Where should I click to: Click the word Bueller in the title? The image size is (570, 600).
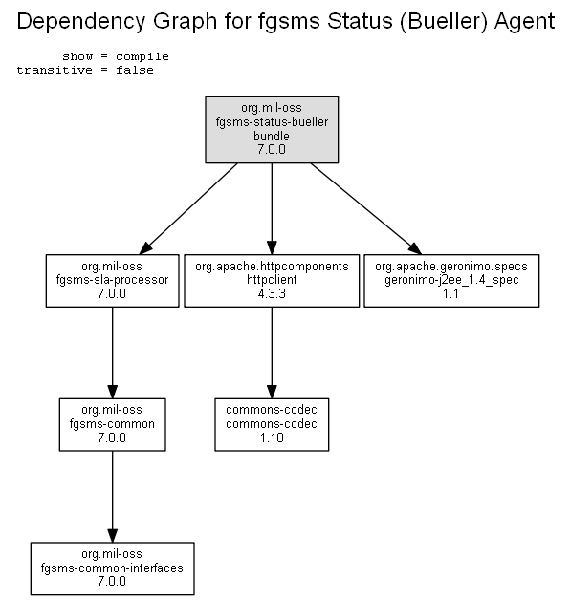pyautogui.click(x=445, y=21)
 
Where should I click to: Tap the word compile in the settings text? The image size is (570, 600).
pyautogui.click(x=142, y=56)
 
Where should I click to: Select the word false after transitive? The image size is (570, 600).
pyautogui.click(x=135, y=70)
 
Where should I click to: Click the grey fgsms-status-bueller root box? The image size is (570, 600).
pyautogui.click(x=272, y=130)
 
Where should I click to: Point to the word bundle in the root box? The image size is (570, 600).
pyautogui.click(x=272, y=136)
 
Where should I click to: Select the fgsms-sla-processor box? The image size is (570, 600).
pyautogui.click(x=112, y=281)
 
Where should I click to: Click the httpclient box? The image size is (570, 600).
pyautogui.click(x=272, y=281)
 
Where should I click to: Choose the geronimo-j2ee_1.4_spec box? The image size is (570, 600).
pyautogui.click(x=451, y=281)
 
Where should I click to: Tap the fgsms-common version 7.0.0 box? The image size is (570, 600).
pyautogui.click(x=112, y=425)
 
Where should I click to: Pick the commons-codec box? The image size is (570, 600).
pyautogui.click(x=272, y=425)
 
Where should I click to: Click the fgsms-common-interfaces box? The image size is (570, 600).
pyautogui.click(x=112, y=568)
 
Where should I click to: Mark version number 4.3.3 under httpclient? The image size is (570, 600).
pyautogui.click(x=272, y=294)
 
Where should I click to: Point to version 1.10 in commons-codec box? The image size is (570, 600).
pyautogui.click(x=272, y=438)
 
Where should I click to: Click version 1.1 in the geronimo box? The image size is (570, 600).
pyautogui.click(x=450, y=294)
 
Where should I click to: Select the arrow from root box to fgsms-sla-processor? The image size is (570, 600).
pyautogui.click(x=188, y=209)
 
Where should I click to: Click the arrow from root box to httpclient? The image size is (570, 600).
pyautogui.click(x=272, y=209)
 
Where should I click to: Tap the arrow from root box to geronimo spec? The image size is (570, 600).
pyautogui.click(x=366, y=209)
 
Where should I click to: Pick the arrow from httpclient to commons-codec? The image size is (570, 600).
pyautogui.click(x=272, y=353)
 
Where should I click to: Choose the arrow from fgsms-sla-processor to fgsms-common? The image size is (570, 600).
pyautogui.click(x=112, y=353)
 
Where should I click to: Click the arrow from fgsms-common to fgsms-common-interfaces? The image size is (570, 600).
pyautogui.click(x=112, y=497)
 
